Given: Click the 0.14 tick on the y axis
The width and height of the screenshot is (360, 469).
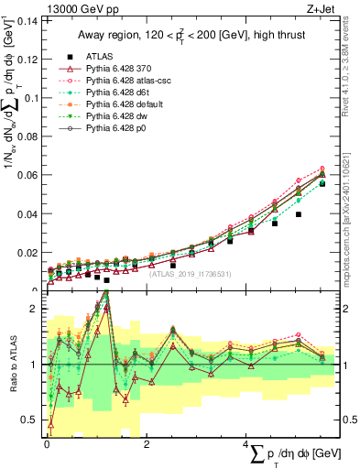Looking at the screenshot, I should click(x=27, y=20).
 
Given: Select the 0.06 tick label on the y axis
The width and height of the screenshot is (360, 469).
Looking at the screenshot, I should click(x=27, y=175).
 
